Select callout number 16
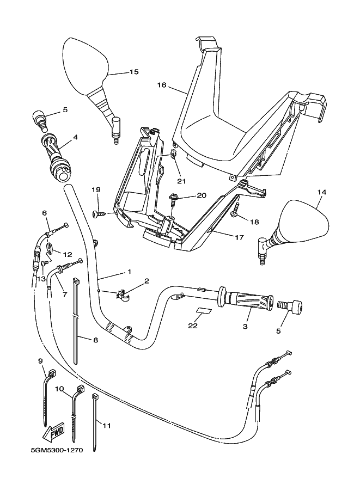tap(162, 85)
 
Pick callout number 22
tap(192, 326)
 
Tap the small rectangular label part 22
tap(204, 312)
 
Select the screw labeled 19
tap(98, 214)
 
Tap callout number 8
tap(96, 340)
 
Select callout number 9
tap(40, 360)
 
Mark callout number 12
tap(68, 254)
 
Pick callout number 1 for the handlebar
tap(129, 271)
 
